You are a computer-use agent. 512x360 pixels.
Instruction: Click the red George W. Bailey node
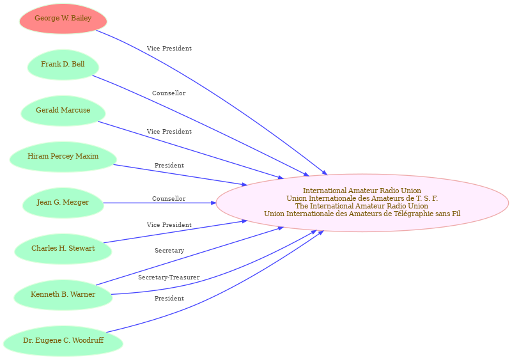(63, 19)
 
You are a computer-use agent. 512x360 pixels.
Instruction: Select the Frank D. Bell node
(63, 65)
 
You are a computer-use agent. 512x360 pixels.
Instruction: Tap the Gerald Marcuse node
(63, 111)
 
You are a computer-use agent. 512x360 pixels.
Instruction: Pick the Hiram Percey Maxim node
(63, 157)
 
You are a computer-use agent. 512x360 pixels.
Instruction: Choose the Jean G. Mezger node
(63, 203)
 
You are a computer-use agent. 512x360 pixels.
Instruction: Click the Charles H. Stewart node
(63, 249)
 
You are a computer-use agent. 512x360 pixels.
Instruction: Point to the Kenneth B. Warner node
(63, 295)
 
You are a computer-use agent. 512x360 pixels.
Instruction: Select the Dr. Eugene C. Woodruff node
(63, 341)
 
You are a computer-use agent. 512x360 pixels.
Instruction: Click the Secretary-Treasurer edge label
(169, 278)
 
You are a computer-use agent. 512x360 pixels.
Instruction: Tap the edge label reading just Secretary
(169, 251)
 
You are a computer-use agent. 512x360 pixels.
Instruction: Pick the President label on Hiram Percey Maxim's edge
(169, 166)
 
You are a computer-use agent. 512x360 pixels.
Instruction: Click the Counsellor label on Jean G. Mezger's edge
(169, 199)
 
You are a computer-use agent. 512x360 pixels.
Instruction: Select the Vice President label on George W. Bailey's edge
(169, 49)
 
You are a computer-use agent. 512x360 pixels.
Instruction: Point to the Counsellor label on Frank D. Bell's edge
(169, 93)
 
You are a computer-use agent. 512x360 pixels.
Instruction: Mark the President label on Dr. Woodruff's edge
(169, 298)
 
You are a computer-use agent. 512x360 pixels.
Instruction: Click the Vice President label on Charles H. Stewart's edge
(169, 224)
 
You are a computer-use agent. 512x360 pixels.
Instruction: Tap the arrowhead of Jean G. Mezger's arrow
(214, 203)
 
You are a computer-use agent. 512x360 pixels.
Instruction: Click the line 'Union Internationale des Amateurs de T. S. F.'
(362, 198)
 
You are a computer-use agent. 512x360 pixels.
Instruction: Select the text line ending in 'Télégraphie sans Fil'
(362, 214)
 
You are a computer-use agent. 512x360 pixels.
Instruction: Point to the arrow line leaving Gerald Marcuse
(191, 150)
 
